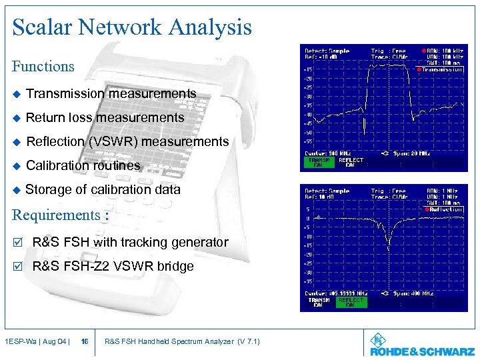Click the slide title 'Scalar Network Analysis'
pos(132,27)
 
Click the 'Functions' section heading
pos(43,66)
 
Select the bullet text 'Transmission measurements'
pos(111,94)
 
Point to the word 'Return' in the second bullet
pos(45,118)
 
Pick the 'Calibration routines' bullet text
pos(83,165)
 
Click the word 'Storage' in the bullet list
pos(47,189)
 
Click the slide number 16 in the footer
pos(85,342)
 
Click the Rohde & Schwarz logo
pos(422,345)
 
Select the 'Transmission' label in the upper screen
pos(442,69)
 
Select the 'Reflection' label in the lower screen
pos(443,209)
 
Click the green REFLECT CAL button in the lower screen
pos(351,302)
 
